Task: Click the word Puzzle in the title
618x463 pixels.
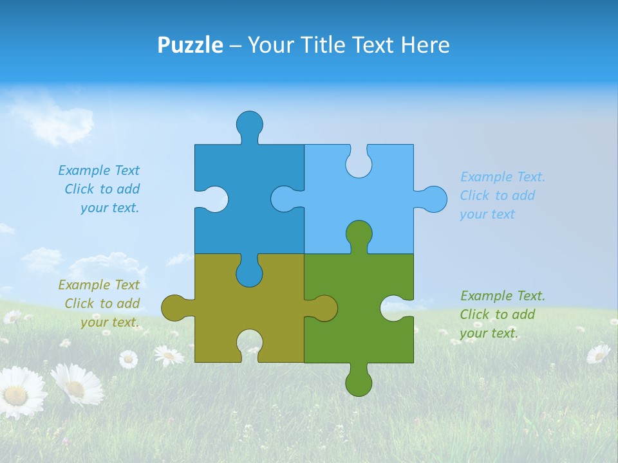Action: (x=190, y=45)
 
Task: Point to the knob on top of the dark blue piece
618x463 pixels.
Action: (x=250, y=123)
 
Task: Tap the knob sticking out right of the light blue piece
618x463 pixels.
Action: (x=433, y=199)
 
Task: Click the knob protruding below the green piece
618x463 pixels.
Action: (x=359, y=383)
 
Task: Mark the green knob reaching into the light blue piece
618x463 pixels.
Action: (x=359, y=234)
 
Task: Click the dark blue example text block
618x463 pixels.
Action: (x=100, y=189)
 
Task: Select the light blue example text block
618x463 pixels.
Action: (x=501, y=195)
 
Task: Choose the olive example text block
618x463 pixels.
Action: (x=100, y=304)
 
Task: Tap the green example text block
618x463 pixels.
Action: (x=501, y=314)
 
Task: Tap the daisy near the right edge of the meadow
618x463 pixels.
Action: (x=598, y=353)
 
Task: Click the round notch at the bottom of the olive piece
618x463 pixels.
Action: (x=250, y=342)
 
